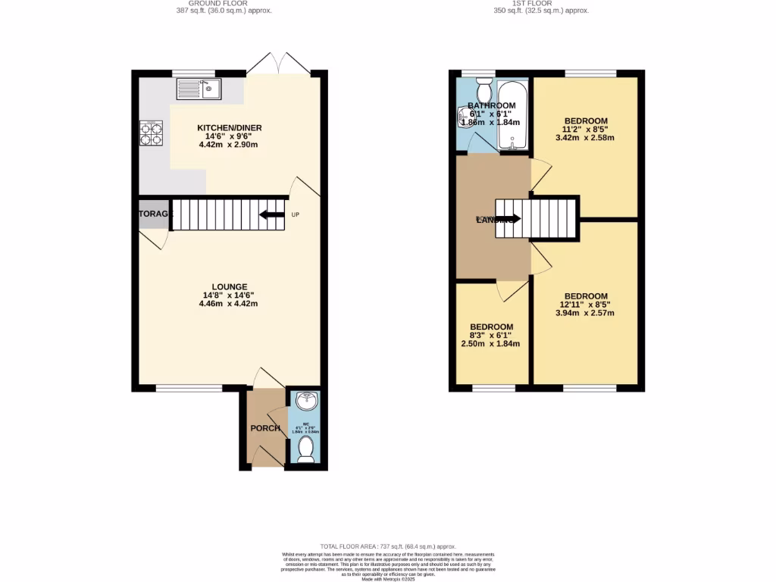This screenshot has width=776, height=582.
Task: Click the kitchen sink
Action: coord(198,89)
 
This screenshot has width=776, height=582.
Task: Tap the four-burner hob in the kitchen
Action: coord(151,133)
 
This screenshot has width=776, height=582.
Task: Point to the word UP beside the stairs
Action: coord(296,214)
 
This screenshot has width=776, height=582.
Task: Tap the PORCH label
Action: coord(265,428)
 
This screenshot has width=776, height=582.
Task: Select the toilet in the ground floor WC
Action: coord(306,449)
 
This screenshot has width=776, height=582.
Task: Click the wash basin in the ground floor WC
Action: coord(306,399)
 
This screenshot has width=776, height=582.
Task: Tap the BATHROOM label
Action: coord(492,105)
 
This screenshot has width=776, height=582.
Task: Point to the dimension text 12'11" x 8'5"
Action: coord(586,305)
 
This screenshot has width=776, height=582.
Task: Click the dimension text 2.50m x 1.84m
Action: coord(490,343)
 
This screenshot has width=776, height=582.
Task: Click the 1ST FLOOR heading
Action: coord(540,3)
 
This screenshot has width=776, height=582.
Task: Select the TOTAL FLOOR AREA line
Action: coord(387,546)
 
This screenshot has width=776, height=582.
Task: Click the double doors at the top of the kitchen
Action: coord(278,65)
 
